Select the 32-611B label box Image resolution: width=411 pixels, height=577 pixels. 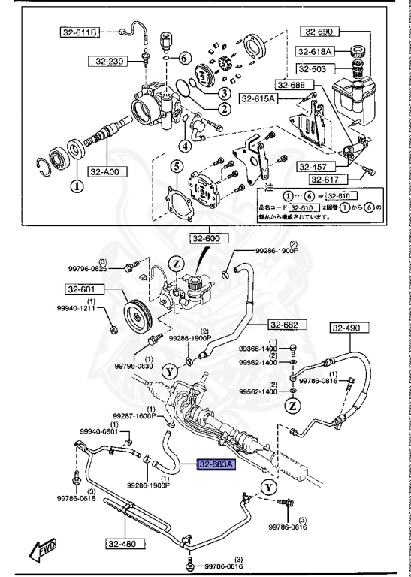pos(80,32)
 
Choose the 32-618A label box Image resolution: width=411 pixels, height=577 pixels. pos(316,51)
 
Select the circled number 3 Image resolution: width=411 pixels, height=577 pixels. pos(224,93)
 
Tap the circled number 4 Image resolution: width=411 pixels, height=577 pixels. pos(184,144)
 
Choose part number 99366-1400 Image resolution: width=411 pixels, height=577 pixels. pos(258,349)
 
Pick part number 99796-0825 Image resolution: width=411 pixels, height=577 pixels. pos(89,268)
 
